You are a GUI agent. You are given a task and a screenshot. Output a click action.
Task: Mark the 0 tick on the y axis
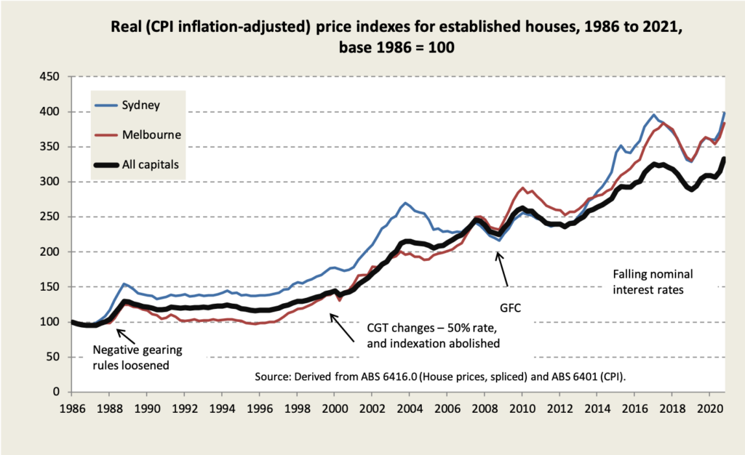tap(57, 392)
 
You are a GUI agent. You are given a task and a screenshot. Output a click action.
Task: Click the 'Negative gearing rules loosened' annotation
tap(138, 357)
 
